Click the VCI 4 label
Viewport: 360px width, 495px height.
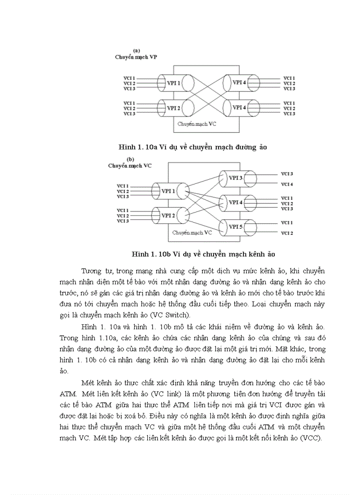point(287,184)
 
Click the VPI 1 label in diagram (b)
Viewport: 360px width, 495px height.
point(168,191)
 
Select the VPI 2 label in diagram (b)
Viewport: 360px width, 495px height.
point(168,216)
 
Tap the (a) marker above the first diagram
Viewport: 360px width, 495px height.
point(137,51)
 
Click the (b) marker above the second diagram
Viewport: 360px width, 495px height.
point(131,159)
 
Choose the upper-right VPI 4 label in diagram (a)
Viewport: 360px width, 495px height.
point(240,82)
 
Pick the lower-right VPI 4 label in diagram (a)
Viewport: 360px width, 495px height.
point(240,108)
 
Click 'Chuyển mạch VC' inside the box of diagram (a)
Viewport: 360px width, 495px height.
point(197,125)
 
